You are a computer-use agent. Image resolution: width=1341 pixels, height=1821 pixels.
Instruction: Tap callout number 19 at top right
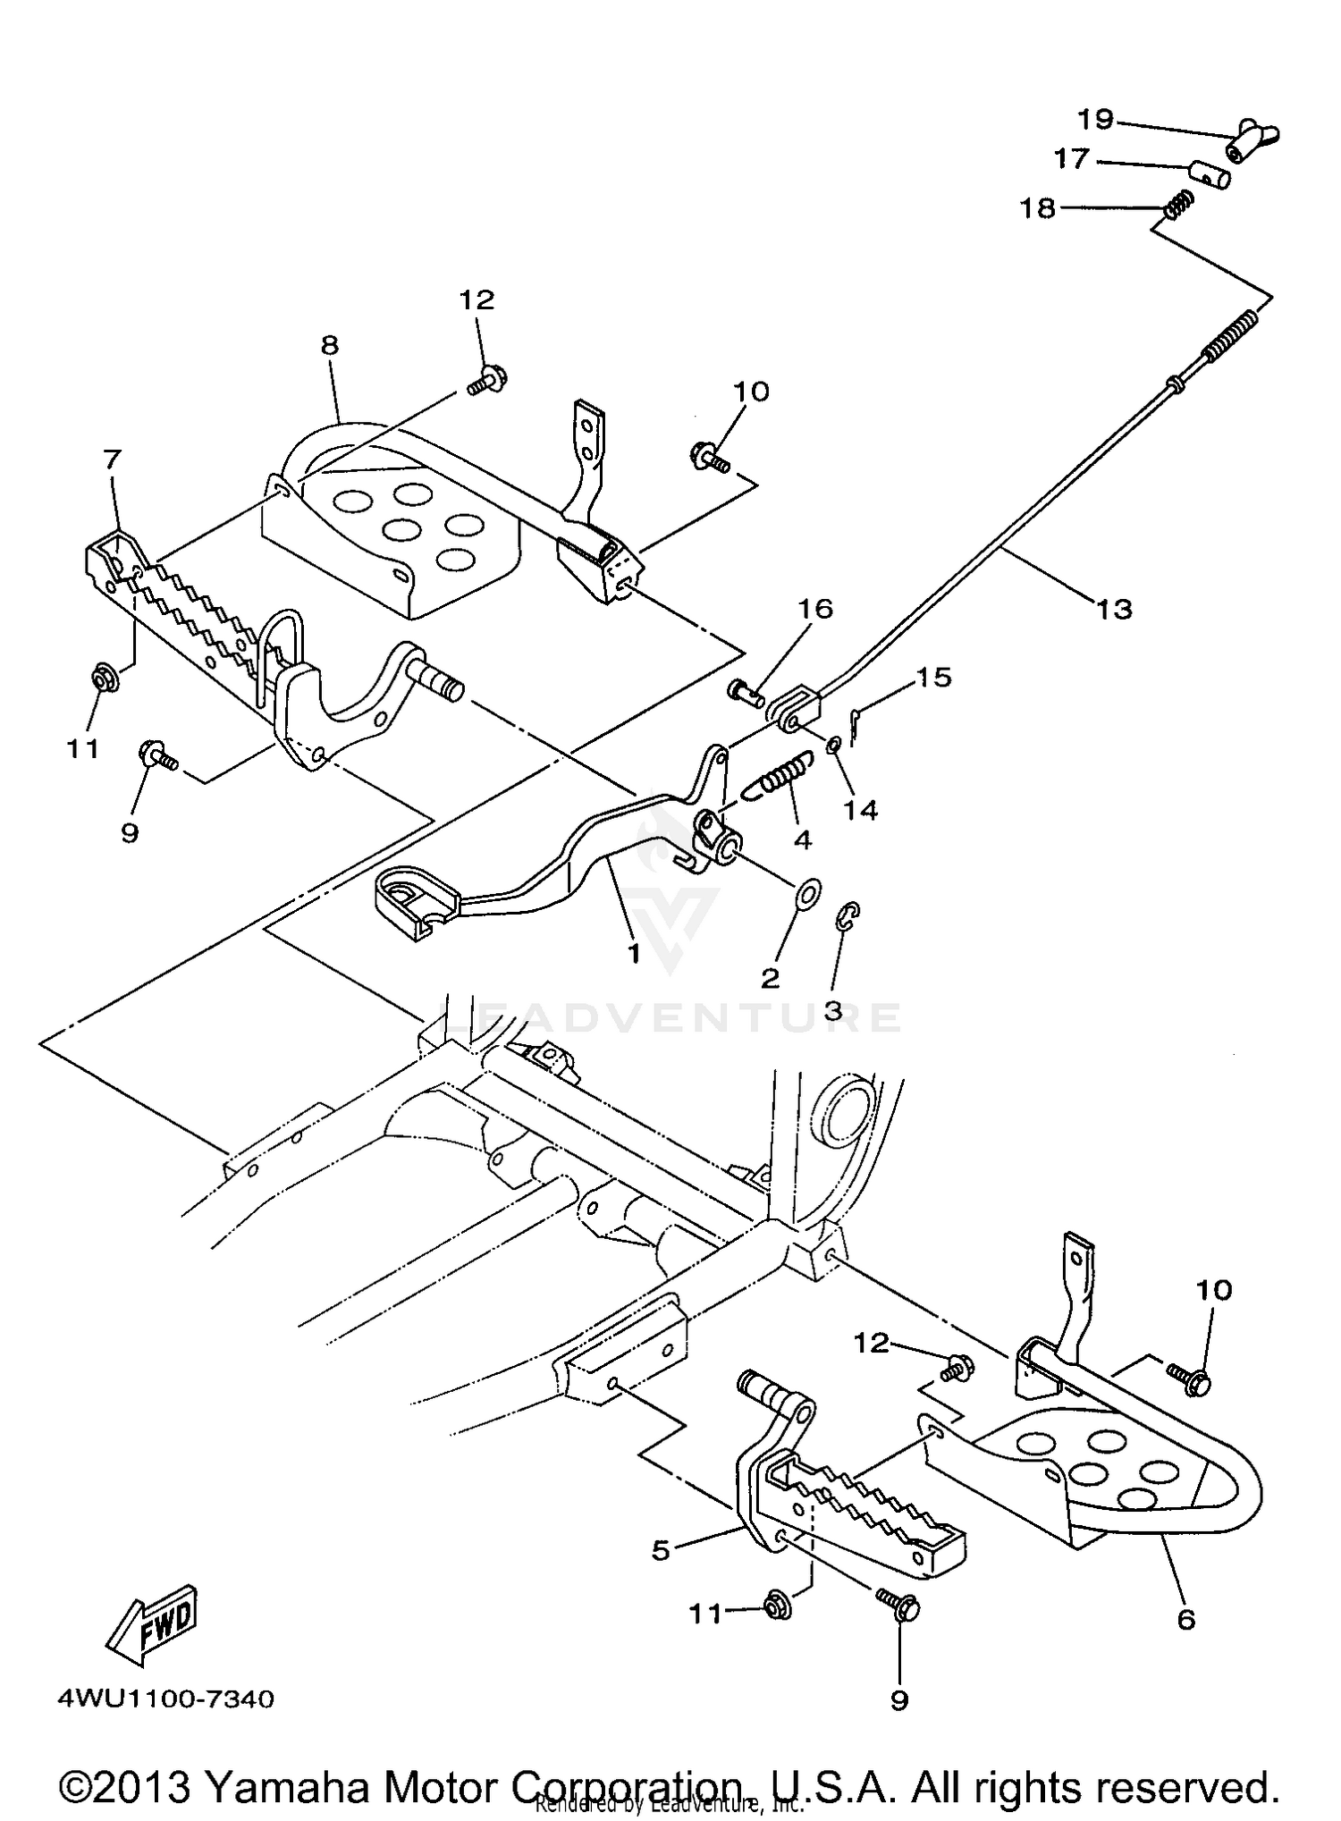tap(1094, 119)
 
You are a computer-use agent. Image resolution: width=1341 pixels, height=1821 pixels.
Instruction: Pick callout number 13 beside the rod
tap(1114, 610)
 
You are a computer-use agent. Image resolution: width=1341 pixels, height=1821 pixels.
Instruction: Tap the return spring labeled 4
tap(779, 771)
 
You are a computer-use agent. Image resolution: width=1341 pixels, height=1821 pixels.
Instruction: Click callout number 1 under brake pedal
tap(634, 954)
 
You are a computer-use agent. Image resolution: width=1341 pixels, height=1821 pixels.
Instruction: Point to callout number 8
tap(330, 346)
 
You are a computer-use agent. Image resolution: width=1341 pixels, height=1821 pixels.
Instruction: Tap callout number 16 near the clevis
tap(814, 610)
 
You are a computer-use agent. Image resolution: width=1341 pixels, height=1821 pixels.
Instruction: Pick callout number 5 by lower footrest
tap(660, 1550)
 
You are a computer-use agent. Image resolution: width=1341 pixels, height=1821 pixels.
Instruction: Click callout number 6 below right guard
tap(1185, 1619)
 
